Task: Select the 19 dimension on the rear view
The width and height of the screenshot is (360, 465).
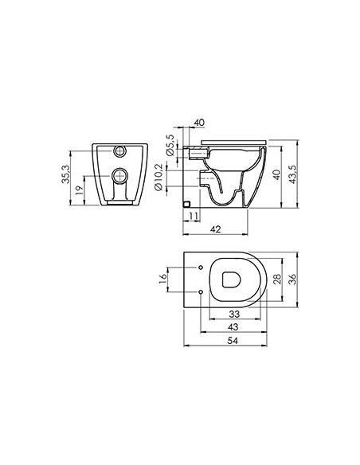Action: tap(79, 190)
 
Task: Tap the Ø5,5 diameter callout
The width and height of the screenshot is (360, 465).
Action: tap(170, 146)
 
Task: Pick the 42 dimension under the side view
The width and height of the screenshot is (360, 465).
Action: tap(216, 229)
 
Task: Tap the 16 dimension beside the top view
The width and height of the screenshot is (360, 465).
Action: tap(162, 278)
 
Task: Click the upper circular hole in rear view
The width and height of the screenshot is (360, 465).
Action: tap(120, 150)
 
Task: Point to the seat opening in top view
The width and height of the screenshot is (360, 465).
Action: tap(233, 279)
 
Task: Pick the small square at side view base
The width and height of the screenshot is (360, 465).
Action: tap(187, 204)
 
